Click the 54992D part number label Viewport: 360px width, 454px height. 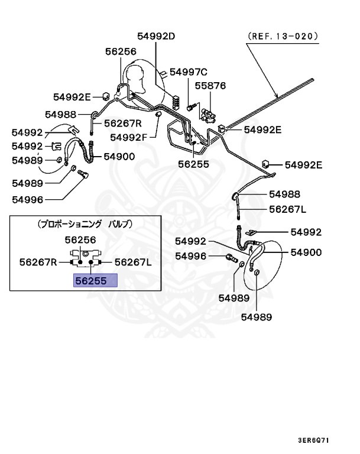click(x=157, y=36)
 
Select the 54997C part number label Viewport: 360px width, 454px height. click(x=189, y=72)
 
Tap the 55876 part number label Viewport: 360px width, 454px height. click(x=210, y=86)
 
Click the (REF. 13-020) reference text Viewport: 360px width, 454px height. click(x=283, y=35)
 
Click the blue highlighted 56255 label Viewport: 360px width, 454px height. click(x=95, y=281)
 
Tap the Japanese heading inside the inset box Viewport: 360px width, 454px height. click(x=85, y=224)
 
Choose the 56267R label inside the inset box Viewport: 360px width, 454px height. click(x=38, y=262)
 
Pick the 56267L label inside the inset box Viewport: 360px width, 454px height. click(x=133, y=262)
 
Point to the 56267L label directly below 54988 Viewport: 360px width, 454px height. click(x=288, y=209)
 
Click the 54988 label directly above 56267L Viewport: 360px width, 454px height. click(x=284, y=194)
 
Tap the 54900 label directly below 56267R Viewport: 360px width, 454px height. click(x=119, y=157)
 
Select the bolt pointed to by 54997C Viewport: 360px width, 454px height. click(x=190, y=107)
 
